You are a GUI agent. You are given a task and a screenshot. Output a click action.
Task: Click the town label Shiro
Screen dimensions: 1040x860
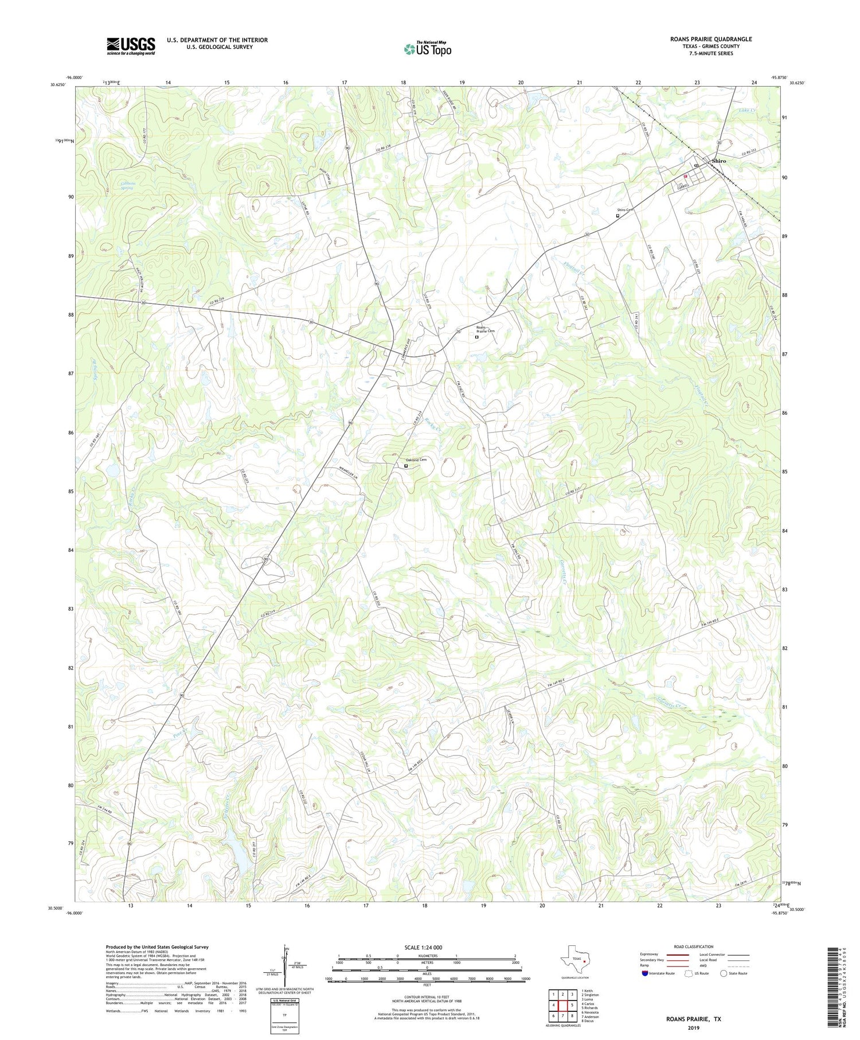(718, 161)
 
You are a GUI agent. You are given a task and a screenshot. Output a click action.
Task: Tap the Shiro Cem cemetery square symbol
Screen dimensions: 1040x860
(617, 216)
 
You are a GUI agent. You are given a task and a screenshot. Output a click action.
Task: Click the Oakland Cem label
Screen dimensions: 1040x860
(416, 460)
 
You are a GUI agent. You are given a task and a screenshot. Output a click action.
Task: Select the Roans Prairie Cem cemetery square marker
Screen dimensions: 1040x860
(476, 337)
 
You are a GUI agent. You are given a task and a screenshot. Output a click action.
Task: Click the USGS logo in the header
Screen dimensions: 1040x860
(131, 46)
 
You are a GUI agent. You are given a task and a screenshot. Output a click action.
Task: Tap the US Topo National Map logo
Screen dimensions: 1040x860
(428, 49)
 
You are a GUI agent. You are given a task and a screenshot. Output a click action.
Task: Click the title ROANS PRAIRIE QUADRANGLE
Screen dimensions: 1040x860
(710, 39)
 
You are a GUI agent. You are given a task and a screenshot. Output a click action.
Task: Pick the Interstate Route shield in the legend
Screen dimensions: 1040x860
(645, 973)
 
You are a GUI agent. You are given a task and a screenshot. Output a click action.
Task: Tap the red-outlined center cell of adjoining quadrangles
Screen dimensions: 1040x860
(562, 1005)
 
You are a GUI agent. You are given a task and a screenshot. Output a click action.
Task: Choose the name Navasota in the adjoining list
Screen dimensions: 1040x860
(591, 1012)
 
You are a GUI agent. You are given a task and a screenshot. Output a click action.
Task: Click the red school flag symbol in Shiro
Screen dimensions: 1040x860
(685, 176)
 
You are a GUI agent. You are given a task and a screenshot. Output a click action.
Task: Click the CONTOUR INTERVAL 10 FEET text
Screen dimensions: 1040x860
(427, 998)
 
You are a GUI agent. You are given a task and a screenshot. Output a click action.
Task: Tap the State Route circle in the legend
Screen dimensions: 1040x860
(724, 973)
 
